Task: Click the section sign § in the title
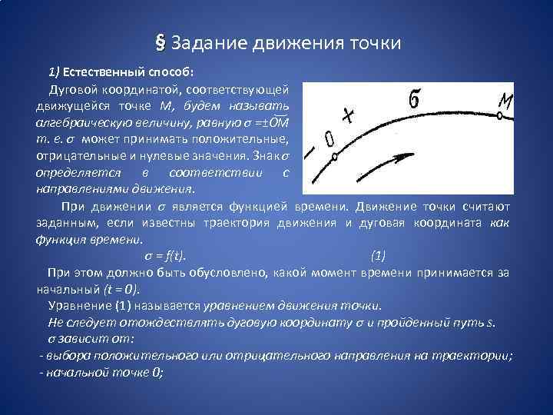pyautogui.click(x=160, y=42)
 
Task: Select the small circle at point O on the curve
pyautogui.click(x=334, y=158)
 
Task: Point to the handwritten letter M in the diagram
pyautogui.click(x=505, y=100)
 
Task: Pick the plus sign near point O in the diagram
pyautogui.click(x=348, y=117)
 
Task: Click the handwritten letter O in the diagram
pyautogui.click(x=329, y=139)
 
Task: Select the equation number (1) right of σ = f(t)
pyautogui.click(x=378, y=256)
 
